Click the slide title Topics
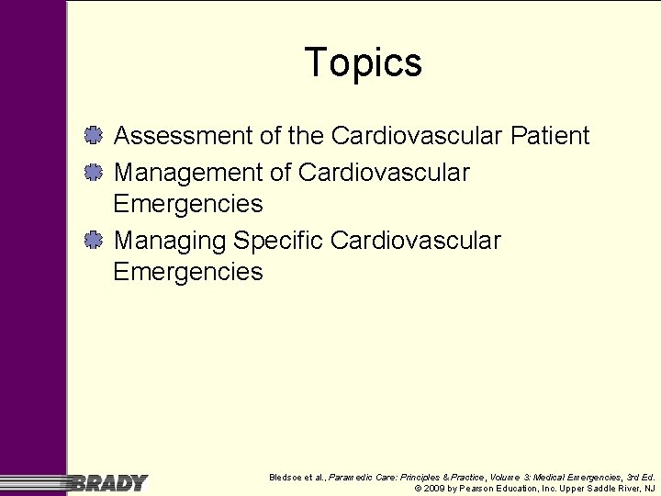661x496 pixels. [x=364, y=62]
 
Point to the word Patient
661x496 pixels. [x=550, y=136]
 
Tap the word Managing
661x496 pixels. [x=170, y=241]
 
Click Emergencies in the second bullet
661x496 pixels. [x=187, y=204]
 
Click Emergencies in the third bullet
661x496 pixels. [x=187, y=273]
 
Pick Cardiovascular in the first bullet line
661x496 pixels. [x=416, y=136]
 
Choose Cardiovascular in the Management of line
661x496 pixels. [x=385, y=172]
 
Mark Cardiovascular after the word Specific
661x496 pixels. [x=416, y=241]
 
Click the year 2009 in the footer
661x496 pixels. [x=434, y=489]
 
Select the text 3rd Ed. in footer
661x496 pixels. [x=641, y=477]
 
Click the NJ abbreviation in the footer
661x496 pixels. [x=650, y=489]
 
